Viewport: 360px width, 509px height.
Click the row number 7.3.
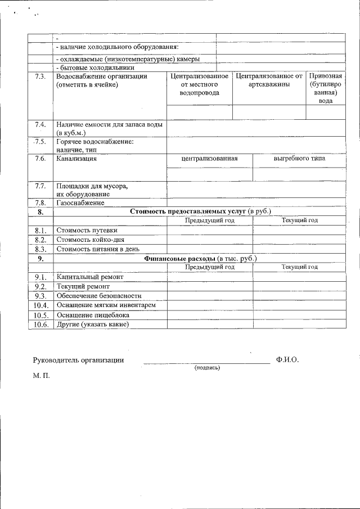(40, 76)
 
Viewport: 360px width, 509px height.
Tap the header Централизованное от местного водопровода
(199, 84)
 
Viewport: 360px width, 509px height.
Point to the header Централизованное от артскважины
(269, 80)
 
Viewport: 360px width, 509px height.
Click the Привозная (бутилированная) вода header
(326, 88)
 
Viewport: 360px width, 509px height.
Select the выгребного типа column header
(299, 159)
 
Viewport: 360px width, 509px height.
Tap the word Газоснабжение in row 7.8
(80, 202)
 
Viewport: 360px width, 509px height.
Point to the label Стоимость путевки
(87, 230)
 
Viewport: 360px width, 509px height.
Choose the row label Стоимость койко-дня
(91, 240)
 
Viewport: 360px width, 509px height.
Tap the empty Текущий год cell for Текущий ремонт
(299, 287)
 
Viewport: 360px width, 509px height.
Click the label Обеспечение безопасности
(99, 296)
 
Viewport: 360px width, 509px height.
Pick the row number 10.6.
(40, 325)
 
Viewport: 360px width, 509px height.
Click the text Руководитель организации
(78, 359)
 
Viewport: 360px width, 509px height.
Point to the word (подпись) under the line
(206, 368)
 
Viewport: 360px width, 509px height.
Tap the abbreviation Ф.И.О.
(287, 359)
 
